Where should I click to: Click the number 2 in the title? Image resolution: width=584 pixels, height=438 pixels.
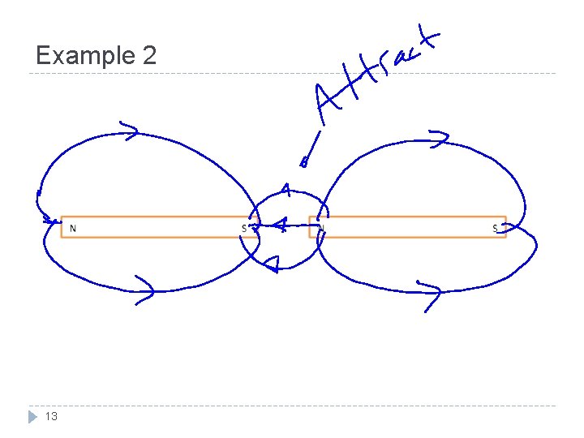148,56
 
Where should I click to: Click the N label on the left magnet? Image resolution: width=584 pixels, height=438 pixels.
73,228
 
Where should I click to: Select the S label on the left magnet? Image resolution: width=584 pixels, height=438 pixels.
243,228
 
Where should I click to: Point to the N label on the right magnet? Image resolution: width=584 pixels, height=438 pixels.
321,228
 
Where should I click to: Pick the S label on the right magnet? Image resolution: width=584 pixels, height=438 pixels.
495,228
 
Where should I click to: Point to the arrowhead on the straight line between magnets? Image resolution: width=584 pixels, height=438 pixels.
281,226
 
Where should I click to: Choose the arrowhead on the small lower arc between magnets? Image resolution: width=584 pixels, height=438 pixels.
273,263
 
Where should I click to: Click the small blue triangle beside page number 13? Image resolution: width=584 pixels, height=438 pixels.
33,416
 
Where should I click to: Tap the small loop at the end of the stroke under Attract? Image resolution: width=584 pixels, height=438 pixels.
304,162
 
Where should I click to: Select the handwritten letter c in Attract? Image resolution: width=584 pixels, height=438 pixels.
407,52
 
